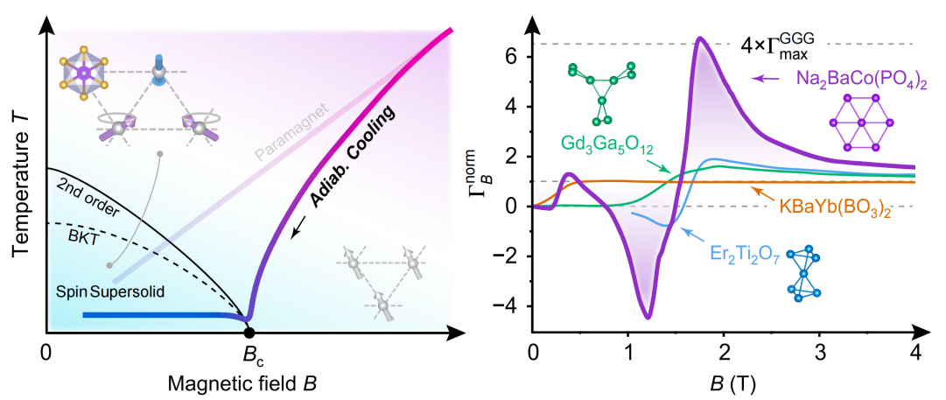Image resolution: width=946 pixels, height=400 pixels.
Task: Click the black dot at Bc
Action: pyautogui.click(x=249, y=332)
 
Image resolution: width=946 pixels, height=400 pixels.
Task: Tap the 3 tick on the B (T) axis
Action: pyautogui.click(x=820, y=352)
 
